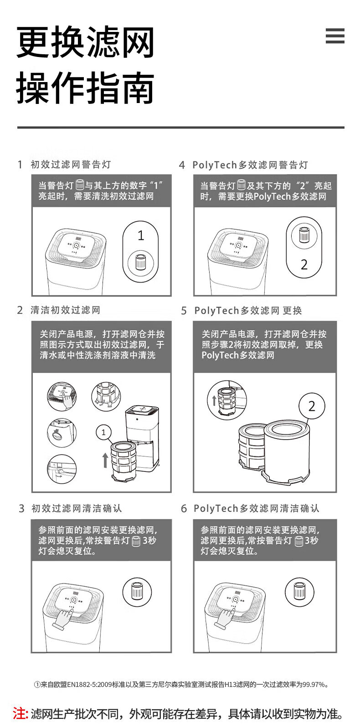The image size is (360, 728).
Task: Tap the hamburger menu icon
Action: (335, 36)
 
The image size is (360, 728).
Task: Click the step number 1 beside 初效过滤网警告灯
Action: (20, 165)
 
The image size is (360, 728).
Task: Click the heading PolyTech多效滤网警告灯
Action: (250, 165)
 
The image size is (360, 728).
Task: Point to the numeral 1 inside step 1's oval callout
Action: (141, 235)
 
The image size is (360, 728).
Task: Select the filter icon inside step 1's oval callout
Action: (140, 262)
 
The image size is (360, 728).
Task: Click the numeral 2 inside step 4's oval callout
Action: (304, 264)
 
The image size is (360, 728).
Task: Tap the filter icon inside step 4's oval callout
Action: (304, 234)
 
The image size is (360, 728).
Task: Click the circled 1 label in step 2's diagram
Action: (103, 432)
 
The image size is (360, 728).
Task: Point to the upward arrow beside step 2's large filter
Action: (105, 460)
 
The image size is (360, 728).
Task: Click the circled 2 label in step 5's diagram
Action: (312, 406)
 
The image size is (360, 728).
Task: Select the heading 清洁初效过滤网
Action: (65, 310)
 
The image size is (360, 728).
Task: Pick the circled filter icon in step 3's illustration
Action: (137, 591)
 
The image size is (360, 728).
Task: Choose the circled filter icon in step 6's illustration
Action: (299, 591)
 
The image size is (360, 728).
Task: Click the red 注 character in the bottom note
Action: (19, 713)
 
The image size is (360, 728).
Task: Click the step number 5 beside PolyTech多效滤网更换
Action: (184, 311)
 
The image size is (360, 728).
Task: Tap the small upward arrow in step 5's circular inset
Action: (214, 400)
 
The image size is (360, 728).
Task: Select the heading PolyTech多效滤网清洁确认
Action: (257, 508)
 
